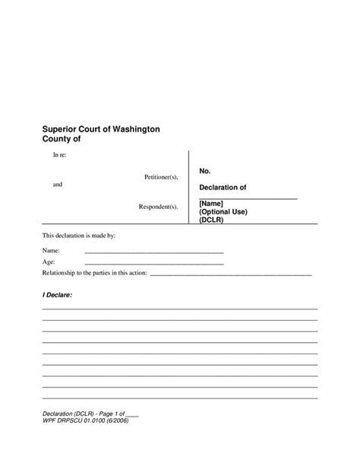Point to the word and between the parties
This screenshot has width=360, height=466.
[58, 185]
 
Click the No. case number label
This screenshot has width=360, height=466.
[205, 172]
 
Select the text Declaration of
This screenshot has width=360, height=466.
[223, 187]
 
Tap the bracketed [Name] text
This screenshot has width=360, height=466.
[212, 203]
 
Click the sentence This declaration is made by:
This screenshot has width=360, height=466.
[79, 236]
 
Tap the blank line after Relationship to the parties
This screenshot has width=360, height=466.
[232, 274]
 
